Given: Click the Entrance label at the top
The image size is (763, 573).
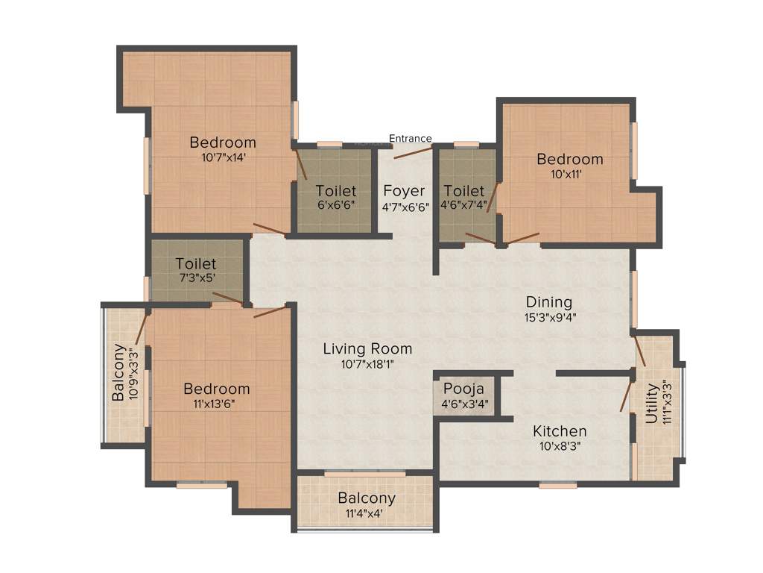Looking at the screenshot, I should pos(411,138).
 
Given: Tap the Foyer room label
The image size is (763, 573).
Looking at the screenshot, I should pos(404,191).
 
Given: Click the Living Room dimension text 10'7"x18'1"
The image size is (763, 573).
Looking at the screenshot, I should pos(367,365).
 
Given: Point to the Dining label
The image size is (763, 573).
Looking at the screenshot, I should pos(549,302).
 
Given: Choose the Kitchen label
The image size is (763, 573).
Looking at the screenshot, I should pos(560,431).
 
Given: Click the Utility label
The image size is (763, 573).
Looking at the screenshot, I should pos(652,403).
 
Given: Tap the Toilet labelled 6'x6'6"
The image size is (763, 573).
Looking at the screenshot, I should pos(335,191).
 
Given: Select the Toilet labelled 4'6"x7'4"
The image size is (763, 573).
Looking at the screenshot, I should pos(463,191).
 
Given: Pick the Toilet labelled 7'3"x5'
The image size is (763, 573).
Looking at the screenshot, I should pos(196,263).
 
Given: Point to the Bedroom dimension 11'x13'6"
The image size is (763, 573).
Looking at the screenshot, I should pos(217,404).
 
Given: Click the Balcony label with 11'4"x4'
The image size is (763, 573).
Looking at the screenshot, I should pos(367,498).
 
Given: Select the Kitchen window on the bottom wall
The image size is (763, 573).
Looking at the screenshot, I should pos(558,485).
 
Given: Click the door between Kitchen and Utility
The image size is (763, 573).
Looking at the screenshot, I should pos(626,394).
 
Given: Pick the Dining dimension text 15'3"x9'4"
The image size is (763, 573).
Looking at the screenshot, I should pos(550,316).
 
